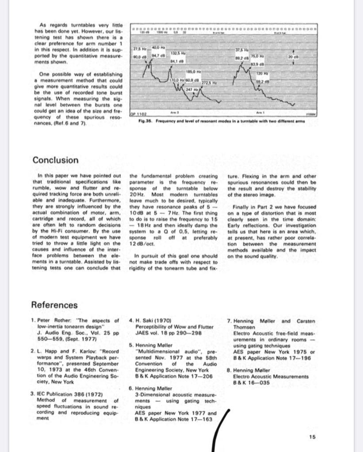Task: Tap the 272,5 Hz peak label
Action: click(209, 83)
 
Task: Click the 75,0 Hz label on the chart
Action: click(258, 56)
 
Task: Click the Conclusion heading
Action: click(55, 160)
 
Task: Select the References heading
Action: click(54, 305)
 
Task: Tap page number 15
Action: click(313, 437)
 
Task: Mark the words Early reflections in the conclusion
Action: click(252, 225)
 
